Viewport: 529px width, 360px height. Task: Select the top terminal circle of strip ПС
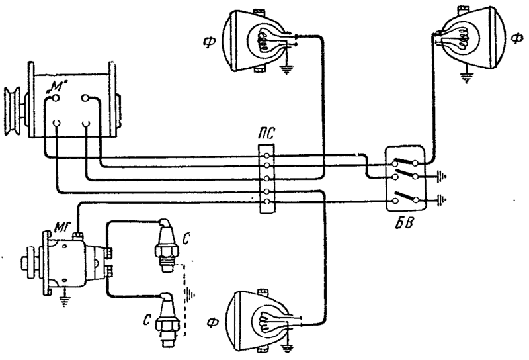pyautogui.click(x=267, y=156)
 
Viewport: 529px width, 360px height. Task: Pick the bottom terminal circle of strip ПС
pyautogui.click(x=267, y=202)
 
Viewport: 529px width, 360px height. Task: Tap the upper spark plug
pyautogui.click(x=166, y=246)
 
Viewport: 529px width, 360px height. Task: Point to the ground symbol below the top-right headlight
pyautogui.click(x=467, y=77)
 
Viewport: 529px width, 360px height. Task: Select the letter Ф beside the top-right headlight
pyautogui.click(x=517, y=39)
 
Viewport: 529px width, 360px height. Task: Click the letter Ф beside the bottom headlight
pyautogui.click(x=212, y=323)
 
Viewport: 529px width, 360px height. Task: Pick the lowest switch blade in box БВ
pyautogui.click(x=406, y=196)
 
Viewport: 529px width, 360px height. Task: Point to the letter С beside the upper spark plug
pyautogui.click(x=185, y=239)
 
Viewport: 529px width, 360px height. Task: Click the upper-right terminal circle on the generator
pyautogui.click(x=85, y=98)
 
